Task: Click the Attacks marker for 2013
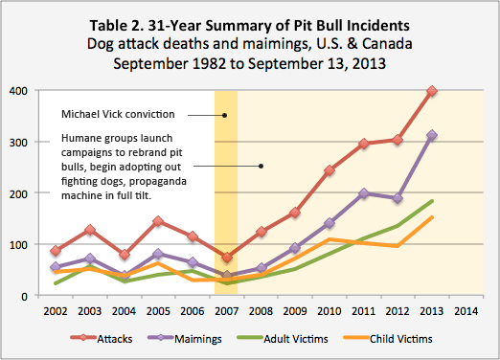point(432,91)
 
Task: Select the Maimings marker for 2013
point(432,135)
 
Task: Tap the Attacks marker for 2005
point(158,221)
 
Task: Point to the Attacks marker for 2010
point(330,170)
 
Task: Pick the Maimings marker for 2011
point(363,193)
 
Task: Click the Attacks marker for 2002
point(56,251)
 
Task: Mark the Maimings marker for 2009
point(295,248)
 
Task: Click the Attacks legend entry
point(102,339)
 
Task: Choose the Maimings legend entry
point(185,339)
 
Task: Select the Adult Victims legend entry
point(283,339)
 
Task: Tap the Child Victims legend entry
point(388,339)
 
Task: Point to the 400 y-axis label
point(18,91)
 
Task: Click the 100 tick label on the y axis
point(18,245)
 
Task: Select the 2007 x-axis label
point(226,311)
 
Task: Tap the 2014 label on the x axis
point(466,311)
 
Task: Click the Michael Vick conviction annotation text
point(118,114)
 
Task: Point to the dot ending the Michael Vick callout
point(224,115)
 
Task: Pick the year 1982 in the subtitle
point(209,63)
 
